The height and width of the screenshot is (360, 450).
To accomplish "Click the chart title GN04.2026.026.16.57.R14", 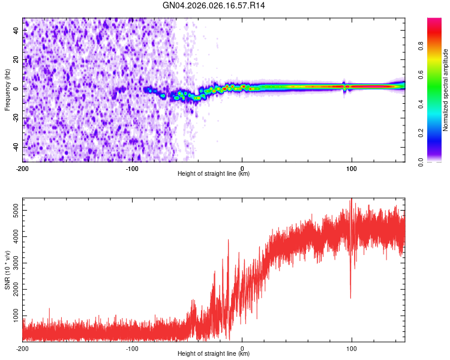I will tap(214, 5).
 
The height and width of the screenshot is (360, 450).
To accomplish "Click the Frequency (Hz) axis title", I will tap(7, 90).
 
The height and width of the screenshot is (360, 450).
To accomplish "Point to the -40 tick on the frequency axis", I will tap(15, 147).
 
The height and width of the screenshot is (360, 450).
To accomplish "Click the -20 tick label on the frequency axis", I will tap(15, 118).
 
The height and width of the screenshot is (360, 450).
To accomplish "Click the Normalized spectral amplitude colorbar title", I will tap(446, 90).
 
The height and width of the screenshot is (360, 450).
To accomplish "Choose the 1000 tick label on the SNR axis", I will tap(13, 316).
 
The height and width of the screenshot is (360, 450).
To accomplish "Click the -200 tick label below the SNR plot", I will tap(22, 348).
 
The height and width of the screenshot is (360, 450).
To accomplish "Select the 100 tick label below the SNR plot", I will tap(352, 348).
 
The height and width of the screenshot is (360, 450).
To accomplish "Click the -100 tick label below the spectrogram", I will tap(132, 168).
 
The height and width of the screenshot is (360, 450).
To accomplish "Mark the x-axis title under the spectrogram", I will tap(214, 174).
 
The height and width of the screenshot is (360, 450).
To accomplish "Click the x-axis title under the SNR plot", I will tap(214, 354).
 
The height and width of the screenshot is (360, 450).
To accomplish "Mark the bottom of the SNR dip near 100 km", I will tap(350, 298).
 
